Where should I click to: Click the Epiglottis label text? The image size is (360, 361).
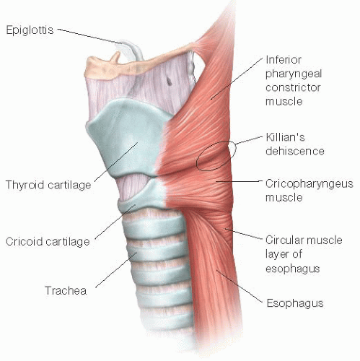click(30, 30)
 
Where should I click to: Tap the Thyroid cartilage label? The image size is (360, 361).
click(48, 185)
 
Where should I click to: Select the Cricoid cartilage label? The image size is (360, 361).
click(48, 242)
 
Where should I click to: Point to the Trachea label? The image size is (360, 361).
click(66, 290)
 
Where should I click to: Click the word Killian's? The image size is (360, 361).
click(285, 137)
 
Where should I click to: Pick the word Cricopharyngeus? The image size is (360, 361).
click(309, 184)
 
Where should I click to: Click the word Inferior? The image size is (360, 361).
click(284, 59)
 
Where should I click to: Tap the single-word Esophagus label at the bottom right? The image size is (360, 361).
click(295, 303)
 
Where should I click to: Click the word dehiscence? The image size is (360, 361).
click(295, 151)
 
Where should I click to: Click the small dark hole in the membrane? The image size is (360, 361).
click(169, 82)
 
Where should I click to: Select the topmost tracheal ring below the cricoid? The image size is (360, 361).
click(154, 225)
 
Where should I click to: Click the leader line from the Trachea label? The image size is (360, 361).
click(116, 270)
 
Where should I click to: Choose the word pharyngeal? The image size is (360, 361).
click(294, 74)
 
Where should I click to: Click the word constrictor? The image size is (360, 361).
click(293, 87)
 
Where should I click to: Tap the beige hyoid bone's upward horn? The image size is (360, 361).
click(116, 58)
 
